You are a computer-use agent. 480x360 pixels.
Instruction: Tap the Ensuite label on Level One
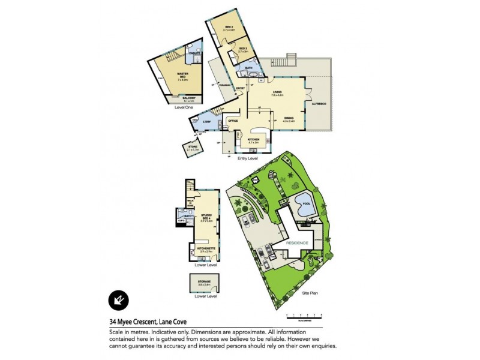(x=194, y=54)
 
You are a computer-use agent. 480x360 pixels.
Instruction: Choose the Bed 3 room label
(x=243, y=49)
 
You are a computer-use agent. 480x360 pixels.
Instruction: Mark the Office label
(x=233, y=121)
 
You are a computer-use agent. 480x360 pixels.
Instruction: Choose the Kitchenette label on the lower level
(x=203, y=246)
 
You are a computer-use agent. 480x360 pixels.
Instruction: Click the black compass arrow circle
(x=117, y=300)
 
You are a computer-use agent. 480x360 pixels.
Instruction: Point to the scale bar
(x=304, y=314)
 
